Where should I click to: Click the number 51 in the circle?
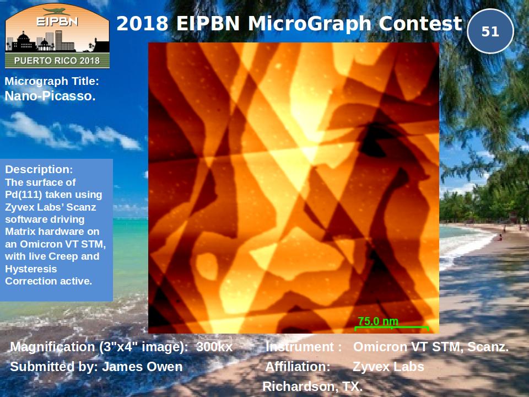coord(490,31)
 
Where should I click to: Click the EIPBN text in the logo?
coord(57,22)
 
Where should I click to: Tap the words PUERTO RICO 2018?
coord(57,61)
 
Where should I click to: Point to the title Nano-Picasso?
coord(50,96)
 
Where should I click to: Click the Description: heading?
coord(39,169)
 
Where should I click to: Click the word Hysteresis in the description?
coord(31,269)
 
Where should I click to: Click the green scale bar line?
coord(392,327)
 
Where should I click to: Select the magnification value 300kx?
coord(214,347)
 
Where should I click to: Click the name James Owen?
coord(142,367)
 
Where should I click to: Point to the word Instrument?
coord(300,347)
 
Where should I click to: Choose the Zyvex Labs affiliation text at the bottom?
coord(388,367)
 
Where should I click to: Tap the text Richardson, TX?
coord(312,386)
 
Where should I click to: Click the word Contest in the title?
coord(420,24)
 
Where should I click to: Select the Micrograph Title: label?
coord(52,82)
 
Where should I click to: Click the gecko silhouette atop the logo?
coord(57,12)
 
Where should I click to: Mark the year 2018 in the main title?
coord(142,24)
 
